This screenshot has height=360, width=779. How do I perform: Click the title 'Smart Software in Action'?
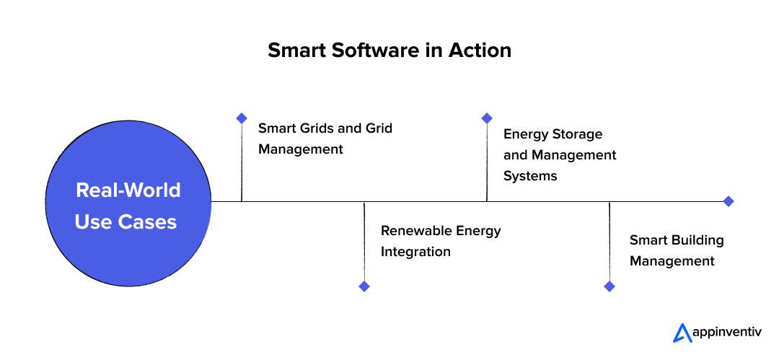(389, 51)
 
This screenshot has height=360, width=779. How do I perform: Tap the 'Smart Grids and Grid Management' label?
(325, 139)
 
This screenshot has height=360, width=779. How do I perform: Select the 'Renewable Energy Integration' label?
(441, 241)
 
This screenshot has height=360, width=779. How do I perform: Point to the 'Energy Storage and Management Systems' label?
(560, 154)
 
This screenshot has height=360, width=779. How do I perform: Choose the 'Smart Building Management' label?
(677, 250)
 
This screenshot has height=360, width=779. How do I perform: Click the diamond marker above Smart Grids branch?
(242, 118)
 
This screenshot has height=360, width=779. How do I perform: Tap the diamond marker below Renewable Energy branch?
(364, 286)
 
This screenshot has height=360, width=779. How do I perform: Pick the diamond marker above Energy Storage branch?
(487, 118)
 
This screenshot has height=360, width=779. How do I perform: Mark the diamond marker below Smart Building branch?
(609, 286)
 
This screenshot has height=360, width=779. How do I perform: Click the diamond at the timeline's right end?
(729, 201)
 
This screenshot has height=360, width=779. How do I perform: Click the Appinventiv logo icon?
(682, 332)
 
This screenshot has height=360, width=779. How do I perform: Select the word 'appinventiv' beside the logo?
(725, 333)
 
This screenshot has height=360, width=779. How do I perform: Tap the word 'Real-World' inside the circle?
(128, 190)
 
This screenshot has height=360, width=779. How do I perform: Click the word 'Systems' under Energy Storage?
(530, 175)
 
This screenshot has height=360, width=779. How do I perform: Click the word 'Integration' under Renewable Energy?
(415, 252)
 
